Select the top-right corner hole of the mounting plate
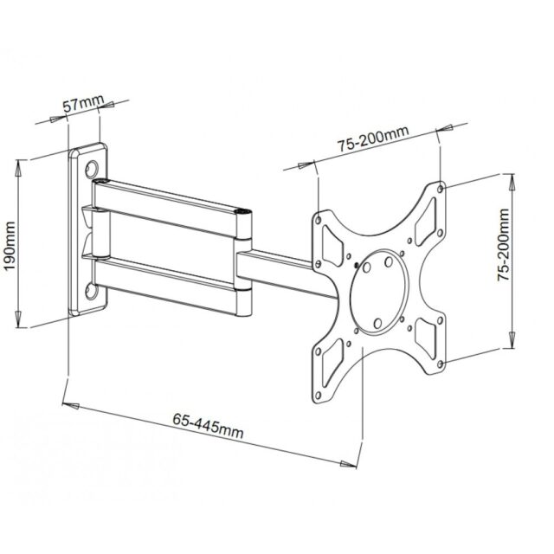(x=442, y=188)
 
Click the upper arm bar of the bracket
(x=173, y=197)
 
